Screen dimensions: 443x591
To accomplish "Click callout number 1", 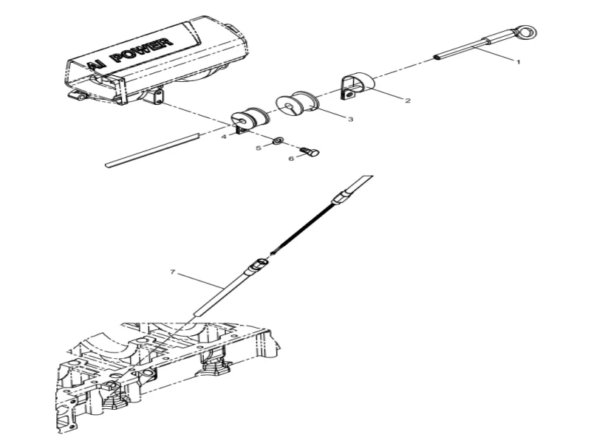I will coord(518,62).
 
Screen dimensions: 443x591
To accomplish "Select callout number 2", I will coord(407,101).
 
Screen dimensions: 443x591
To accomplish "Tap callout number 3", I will coord(349,118).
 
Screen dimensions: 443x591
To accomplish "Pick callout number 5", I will coord(259,148).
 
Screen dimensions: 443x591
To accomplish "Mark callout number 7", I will coord(172,272).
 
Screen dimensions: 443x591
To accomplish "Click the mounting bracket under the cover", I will coord(156,96).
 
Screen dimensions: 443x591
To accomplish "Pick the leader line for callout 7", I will coord(199,281).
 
